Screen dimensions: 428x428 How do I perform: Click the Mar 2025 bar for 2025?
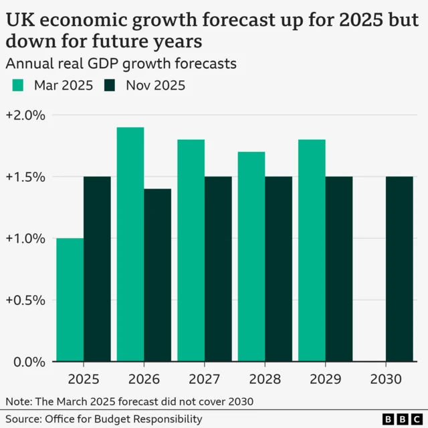(70, 300)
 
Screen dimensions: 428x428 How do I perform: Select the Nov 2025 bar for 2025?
(97, 270)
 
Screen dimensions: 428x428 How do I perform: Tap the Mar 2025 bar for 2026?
(130, 245)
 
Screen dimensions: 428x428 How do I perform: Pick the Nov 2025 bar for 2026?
(157, 276)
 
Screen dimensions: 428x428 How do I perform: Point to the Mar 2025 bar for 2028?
(251, 257)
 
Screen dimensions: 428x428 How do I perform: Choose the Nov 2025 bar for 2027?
(218, 270)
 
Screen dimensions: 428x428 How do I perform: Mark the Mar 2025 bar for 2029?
(312, 251)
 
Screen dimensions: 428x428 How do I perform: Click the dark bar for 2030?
(399, 270)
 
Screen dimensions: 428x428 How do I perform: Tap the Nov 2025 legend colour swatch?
(110, 86)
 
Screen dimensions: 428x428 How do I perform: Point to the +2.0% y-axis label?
(25, 115)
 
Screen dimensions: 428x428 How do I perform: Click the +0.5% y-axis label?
(25, 300)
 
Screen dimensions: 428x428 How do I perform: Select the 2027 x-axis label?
(205, 379)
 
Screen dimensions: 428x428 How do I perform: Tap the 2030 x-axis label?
(386, 379)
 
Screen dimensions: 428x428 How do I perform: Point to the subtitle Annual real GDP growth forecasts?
(121, 64)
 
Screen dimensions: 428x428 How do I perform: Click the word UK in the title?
(19, 20)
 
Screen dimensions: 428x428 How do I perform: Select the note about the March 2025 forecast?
(130, 401)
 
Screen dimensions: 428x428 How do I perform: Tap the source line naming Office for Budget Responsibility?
(104, 419)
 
